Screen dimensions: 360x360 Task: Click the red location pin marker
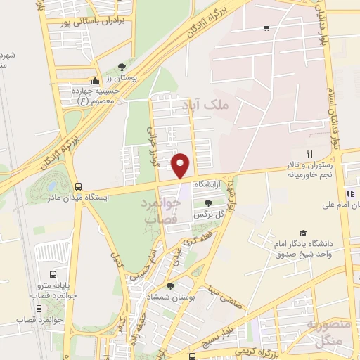point(181,165)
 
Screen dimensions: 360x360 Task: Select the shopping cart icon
point(266,28)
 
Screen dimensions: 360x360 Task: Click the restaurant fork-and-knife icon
point(308,153)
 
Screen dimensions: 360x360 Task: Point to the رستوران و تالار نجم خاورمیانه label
point(307,168)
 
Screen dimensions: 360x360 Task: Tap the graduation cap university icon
point(303,233)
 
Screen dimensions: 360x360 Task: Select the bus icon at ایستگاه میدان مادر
point(77,186)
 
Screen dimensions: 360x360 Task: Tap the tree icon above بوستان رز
point(122,65)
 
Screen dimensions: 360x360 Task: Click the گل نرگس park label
point(213,213)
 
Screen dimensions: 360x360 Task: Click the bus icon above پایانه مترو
point(53,274)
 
